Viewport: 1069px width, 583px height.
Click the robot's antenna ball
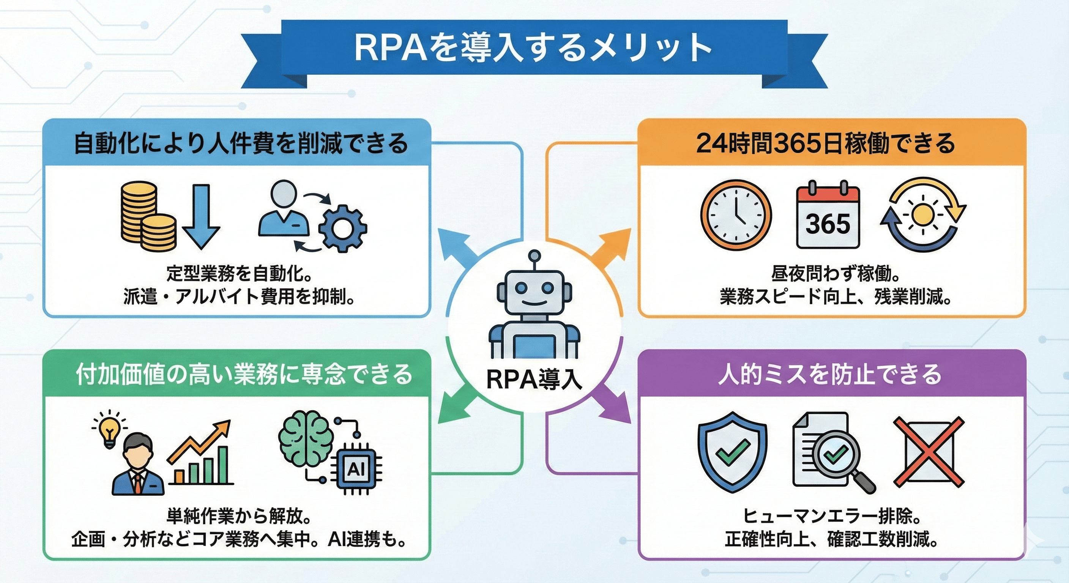(535, 255)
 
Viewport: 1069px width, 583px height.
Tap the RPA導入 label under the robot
(534, 379)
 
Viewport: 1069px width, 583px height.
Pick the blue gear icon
(342, 228)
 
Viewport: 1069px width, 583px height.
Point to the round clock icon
(736, 215)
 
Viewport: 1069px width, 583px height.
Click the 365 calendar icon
(828, 216)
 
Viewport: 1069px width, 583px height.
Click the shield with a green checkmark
(732, 451)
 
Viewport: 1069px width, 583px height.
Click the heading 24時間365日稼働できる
(825, 143)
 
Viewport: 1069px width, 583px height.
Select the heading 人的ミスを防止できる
(829, 374)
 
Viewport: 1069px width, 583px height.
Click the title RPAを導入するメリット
(533, 48)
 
